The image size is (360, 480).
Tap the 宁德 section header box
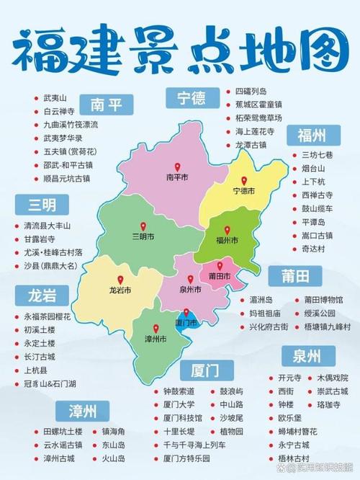pos(192,96)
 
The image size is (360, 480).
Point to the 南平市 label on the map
pos(176,176)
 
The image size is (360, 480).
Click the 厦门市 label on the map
pos(185,322)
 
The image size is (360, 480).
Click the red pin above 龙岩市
pos(120,280)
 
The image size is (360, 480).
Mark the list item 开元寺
pos(287,377)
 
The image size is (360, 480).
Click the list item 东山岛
pos(114,445)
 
